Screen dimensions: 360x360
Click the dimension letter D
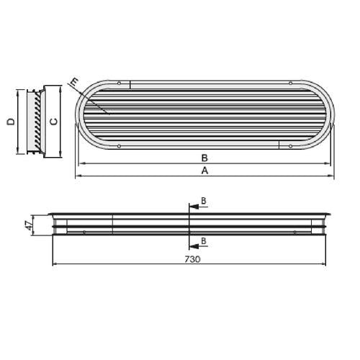coord(11,122)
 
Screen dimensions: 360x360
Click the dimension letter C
coord(54,122)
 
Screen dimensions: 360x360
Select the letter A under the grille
coord(204,171)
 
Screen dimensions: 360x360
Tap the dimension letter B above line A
coord(204,158)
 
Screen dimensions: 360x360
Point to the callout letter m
coord(75,83)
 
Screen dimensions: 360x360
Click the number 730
coord(192,259)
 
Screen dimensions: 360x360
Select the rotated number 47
coord(29,225)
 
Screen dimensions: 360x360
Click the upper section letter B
coord(204,201)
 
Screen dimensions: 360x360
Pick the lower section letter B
coord(204,240)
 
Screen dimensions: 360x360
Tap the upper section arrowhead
coord(194,207)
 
